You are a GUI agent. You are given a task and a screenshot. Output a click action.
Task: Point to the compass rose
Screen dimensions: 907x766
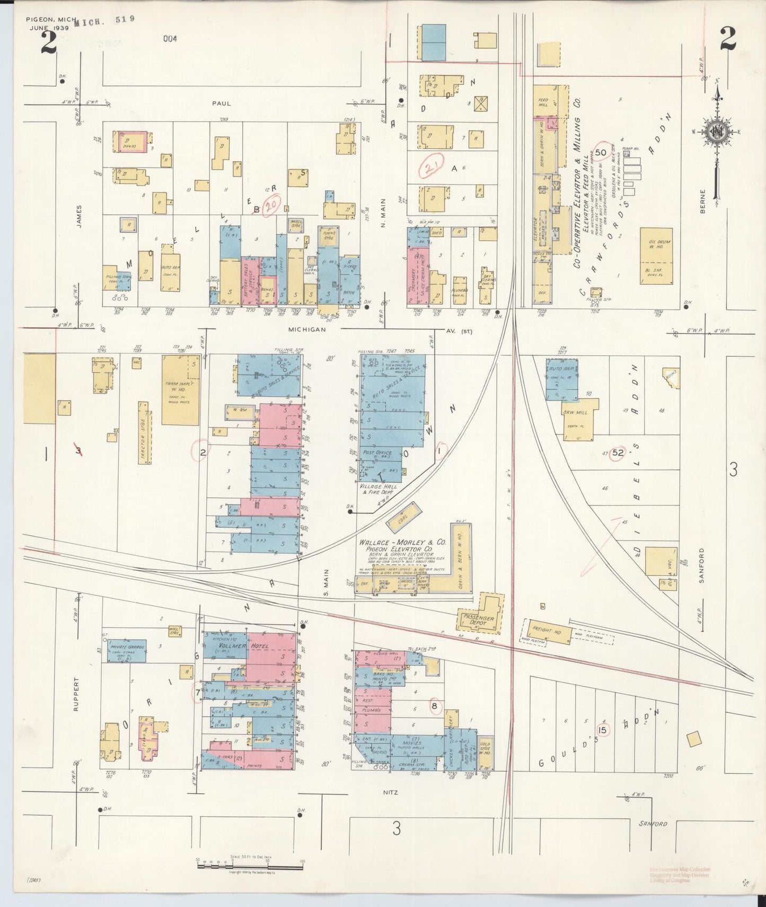pyautogui.click(x=716, y=133)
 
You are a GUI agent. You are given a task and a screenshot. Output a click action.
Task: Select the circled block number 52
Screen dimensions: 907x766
pyautogui.click(x=618, y=453)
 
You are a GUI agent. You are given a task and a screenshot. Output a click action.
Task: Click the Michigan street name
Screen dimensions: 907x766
pyautogui.click(x=306, y=329)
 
